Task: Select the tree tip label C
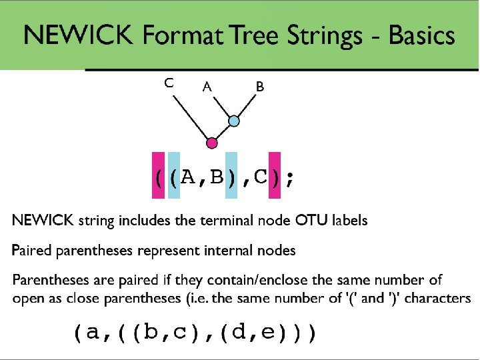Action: tap(169, 83)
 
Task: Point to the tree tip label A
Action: tap(207, 86)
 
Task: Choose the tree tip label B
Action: tap(260, 86)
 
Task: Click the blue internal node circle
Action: tap(234, 121)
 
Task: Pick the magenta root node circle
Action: tap(212, 143)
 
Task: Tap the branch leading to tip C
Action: tap(191, 119)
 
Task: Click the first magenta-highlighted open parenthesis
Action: tap(159, 177)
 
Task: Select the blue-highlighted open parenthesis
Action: tap(174, 177)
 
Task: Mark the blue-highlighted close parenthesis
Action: tap(231, 177)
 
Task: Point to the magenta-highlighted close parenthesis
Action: tap(274, 177)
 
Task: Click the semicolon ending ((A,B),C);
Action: tap(288, 179)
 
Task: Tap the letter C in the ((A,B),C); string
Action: tap(260, 177)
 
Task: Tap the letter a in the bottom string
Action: tap(91, 331)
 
